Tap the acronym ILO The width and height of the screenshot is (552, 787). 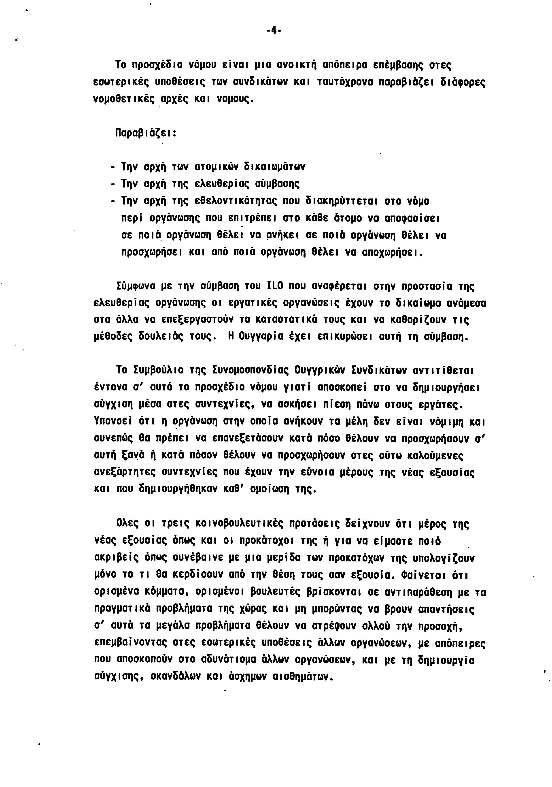point(274,286)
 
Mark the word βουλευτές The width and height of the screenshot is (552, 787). point(276,592)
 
